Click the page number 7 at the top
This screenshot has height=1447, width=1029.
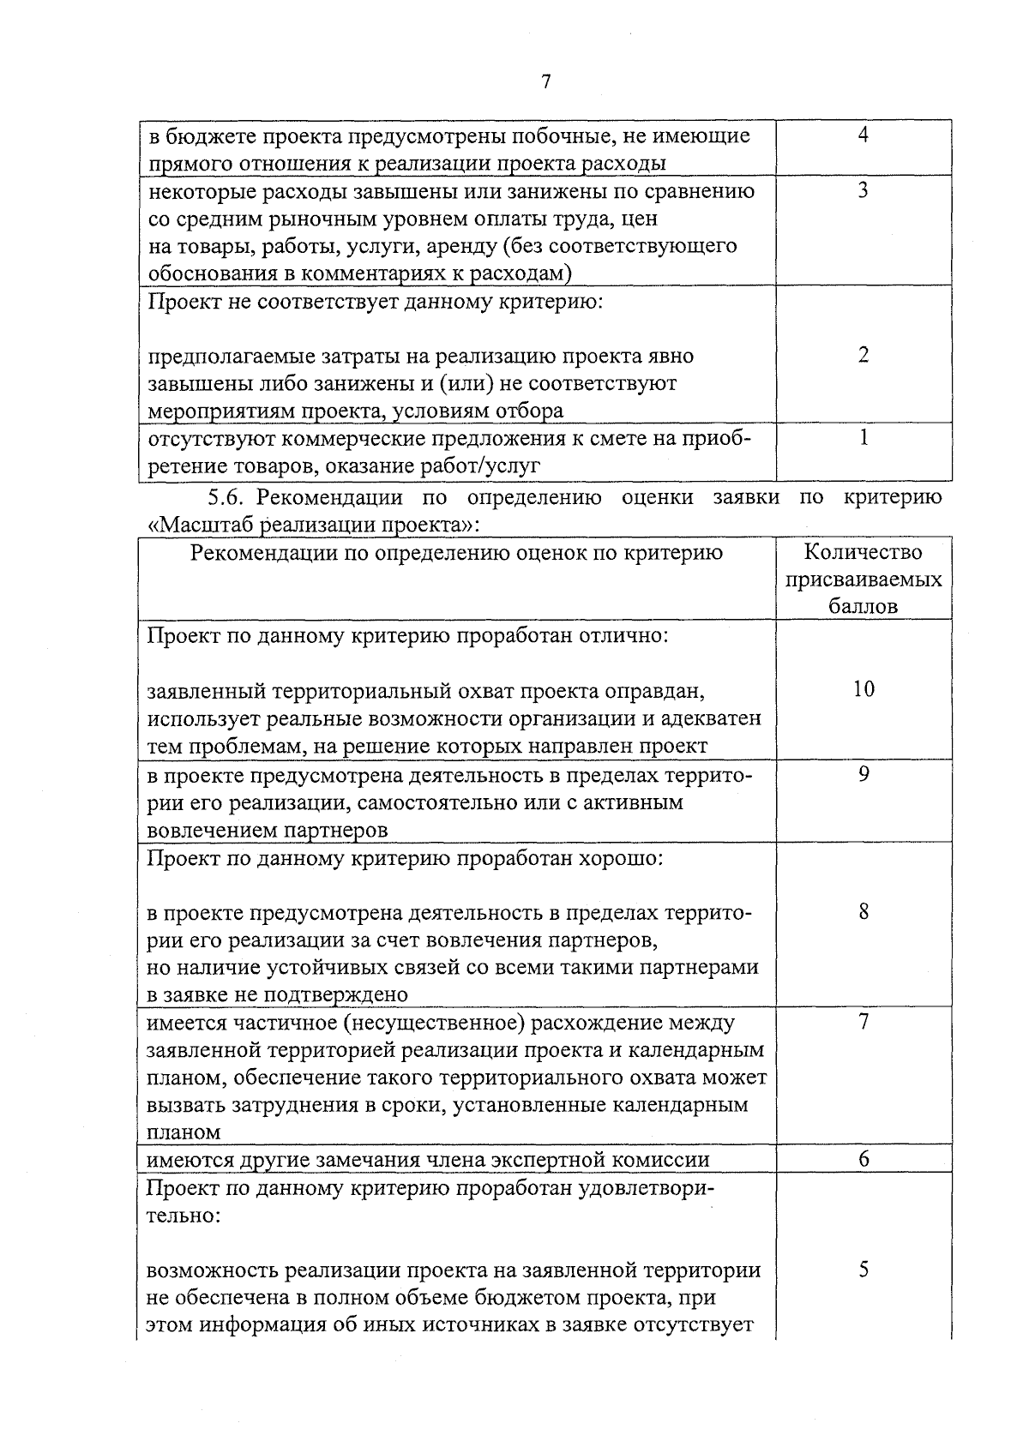coord(545,81)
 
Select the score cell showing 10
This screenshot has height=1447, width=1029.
coord(864,689)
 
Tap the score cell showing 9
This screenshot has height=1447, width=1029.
coord(864,774)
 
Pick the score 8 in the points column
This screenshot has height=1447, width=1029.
coord(864,911)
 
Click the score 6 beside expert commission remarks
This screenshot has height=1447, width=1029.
coord(864,1160)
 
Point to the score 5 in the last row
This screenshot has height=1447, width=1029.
coord(864,1270)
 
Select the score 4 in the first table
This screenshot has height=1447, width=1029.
coord(864,135)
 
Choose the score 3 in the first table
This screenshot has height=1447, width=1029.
coord(864,190)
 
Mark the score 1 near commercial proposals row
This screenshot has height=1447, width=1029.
coord(864,438)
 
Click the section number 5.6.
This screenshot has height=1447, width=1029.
coord(226,497)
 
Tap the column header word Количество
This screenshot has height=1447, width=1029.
coord(864,552)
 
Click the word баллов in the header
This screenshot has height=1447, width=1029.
coord(864,606)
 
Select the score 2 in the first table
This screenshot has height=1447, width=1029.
coord(864,356)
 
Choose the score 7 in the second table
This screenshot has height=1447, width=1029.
coord(864,1021)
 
